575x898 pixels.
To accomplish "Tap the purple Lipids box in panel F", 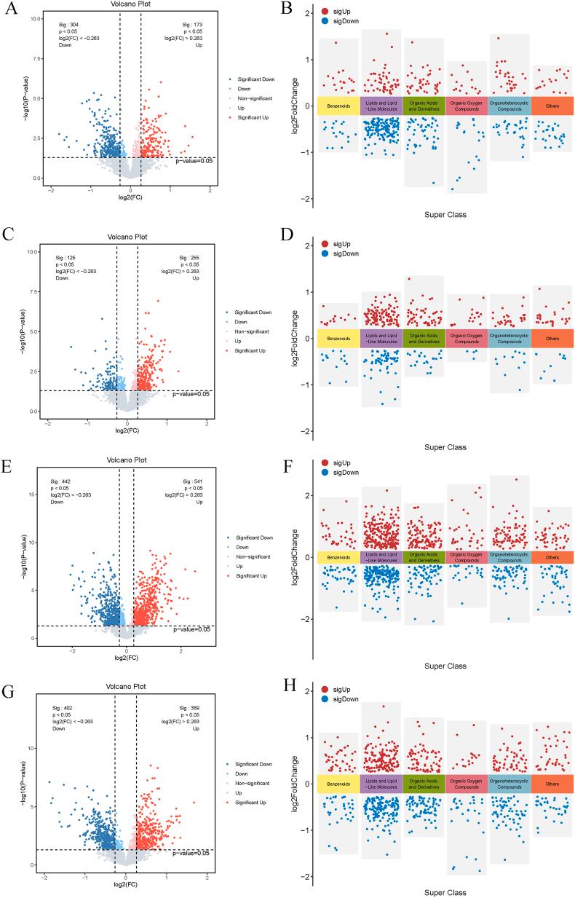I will pos(381,557).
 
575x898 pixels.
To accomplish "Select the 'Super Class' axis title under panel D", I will pos(445,447).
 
